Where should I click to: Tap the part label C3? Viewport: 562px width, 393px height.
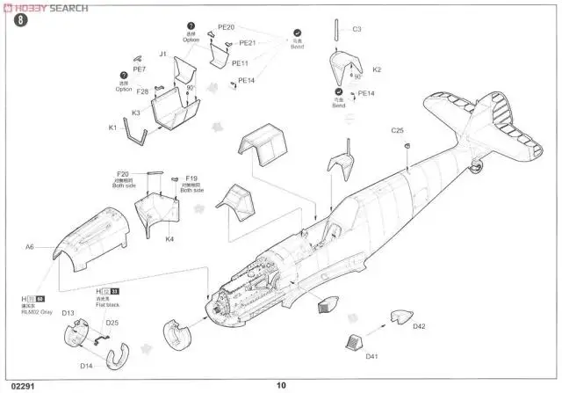click(357, 29)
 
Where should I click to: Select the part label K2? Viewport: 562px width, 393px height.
click(377, 69)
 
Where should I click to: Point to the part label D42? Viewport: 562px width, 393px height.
click(419, 327)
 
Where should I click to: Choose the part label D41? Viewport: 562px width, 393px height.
click(371, 356)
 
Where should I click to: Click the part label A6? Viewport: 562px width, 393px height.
click(29, 248)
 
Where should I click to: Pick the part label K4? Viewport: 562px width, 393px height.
click(169, 238)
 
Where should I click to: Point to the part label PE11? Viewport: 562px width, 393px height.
click(241, 63)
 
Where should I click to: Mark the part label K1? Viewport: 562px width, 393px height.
click(113, 128)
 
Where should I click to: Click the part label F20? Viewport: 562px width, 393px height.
click(123, 174)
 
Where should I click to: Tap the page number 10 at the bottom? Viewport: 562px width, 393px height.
click(281, 383)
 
